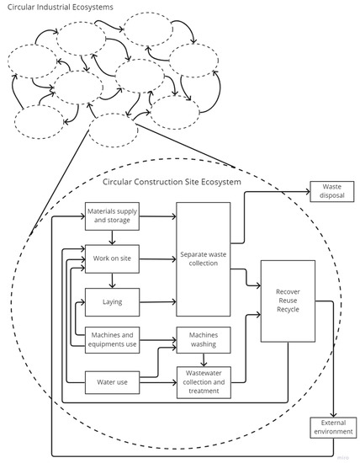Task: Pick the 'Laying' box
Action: coord(112,301)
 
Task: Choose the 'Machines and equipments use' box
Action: coord(112,341)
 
